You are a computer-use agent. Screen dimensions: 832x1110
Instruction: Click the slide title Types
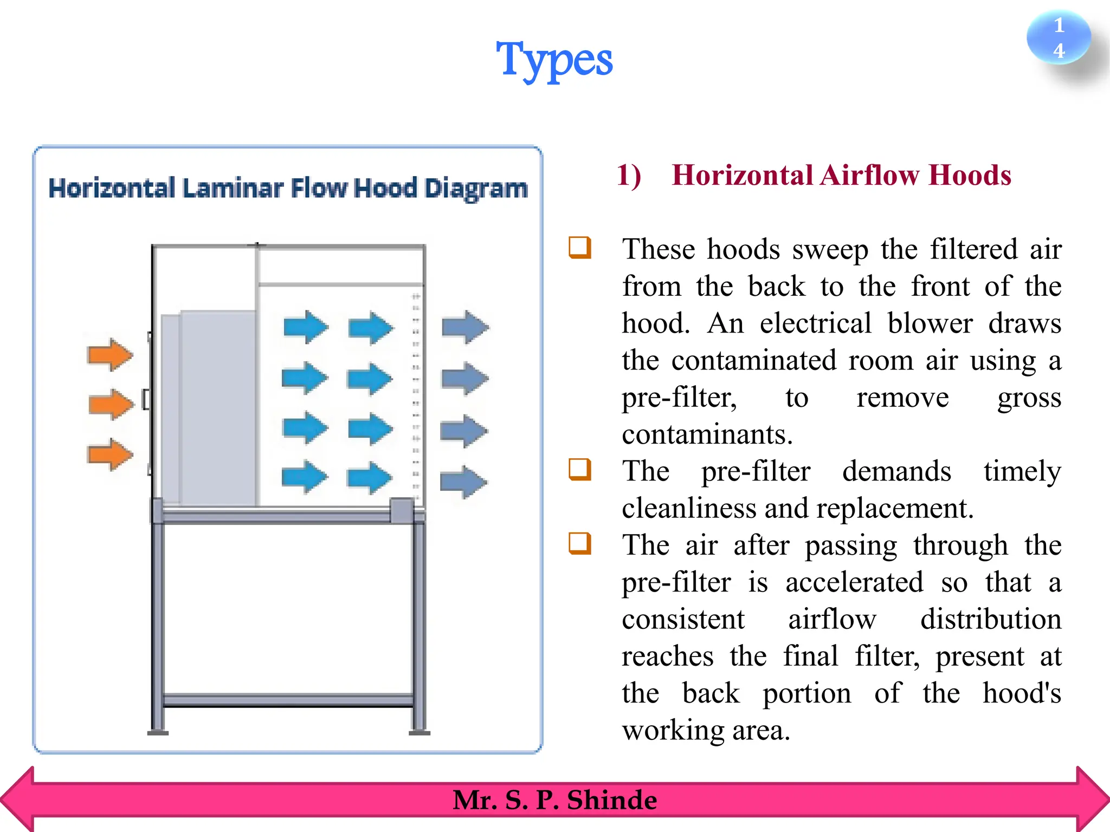coord(554,60)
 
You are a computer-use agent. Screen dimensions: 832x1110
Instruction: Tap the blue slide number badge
coord(1058,38)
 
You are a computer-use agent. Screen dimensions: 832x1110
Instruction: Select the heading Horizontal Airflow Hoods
coord(841,175)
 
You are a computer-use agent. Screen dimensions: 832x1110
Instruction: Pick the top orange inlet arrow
coord(110,355)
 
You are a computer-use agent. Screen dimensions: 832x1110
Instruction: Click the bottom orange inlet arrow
coord(110,454)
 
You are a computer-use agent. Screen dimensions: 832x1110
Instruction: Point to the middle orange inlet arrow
coord(111,404)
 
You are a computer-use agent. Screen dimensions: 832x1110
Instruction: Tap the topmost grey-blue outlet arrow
coord(465,327)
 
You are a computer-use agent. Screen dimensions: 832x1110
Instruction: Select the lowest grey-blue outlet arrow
coord(463,482)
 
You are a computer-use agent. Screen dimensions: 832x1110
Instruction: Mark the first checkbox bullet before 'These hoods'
coord(579,248)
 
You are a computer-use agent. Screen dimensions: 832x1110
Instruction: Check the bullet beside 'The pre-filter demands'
coord(579,469)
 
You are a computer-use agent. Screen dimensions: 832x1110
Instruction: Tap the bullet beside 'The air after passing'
coord(579,543)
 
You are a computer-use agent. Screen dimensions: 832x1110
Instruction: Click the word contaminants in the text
coord(707,434)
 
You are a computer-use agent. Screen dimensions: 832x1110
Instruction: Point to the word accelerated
coord(854,583)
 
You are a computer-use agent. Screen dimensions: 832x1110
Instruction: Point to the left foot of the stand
coord(158,733)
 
